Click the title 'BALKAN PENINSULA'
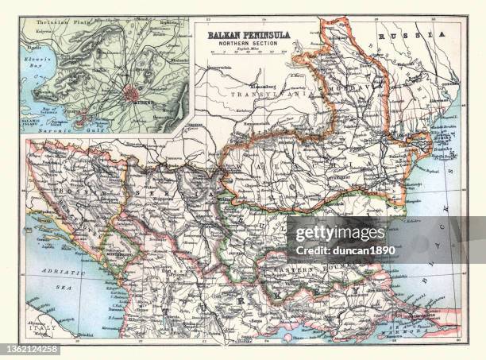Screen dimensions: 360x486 (x=249, y=35)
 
